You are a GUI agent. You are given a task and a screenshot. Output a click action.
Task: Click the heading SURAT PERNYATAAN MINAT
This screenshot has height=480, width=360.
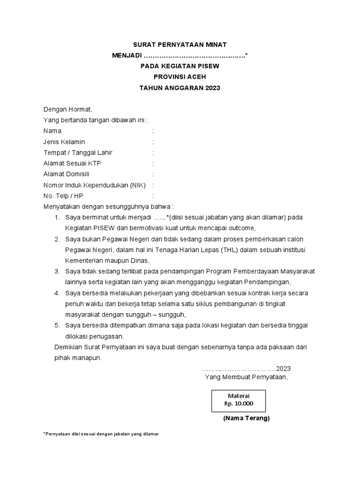[180, 45]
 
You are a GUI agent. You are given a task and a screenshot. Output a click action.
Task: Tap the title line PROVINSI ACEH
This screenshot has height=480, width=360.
[180, 77]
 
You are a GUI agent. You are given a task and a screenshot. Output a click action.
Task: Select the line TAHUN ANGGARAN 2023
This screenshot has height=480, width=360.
[180, 88]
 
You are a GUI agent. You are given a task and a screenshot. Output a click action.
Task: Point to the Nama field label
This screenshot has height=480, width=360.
[52, 131]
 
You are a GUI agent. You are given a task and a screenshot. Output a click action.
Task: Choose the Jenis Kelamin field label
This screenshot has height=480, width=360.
[64, 142]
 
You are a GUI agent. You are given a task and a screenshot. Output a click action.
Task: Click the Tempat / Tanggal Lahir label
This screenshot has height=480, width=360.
[78, 152]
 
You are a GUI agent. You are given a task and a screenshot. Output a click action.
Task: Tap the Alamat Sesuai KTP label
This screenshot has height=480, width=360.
[72, 163]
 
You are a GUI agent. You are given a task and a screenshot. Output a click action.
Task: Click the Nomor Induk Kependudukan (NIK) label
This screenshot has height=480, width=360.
[95, 185]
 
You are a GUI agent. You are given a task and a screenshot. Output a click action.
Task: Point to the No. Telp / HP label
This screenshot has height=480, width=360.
[63, 195]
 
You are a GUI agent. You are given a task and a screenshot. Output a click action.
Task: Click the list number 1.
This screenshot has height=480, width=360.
[57, 217]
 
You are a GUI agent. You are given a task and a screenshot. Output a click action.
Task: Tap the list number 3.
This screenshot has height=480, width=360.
[57, 271]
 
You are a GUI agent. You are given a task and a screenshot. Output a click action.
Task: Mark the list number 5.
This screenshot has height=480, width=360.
[57, 325]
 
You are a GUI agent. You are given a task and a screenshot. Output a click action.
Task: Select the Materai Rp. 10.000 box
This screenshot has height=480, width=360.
[239, 400]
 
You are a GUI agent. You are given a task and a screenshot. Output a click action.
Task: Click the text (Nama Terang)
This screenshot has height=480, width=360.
[246, 418]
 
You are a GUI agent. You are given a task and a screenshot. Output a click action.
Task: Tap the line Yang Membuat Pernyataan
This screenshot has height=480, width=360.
[246, 377]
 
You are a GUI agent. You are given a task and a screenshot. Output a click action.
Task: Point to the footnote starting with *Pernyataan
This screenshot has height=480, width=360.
[101, 434]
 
